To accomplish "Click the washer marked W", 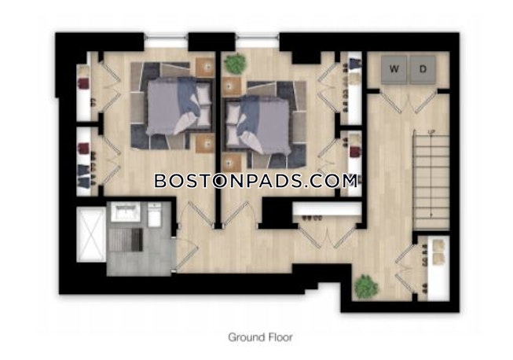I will pos(394,69).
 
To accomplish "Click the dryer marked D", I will pos(423,69).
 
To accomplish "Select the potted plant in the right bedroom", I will pos(234,64).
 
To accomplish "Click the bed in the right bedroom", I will pos(258,116).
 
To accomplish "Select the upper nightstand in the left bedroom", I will pos(205,68).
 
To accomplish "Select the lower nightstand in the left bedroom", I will pos(205,141).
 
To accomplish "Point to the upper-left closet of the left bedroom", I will pos(85,86).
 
